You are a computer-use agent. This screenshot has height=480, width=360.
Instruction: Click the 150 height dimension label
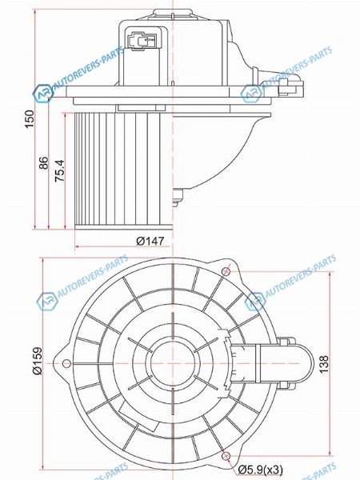pos(30,119)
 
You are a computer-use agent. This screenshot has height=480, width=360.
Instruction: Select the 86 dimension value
pos(44,163)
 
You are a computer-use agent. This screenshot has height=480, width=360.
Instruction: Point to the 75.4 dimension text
pos(60,171)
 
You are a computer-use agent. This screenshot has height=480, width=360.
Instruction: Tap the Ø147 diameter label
pos(150,241)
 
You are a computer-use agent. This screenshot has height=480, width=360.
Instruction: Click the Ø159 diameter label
pos(38,361)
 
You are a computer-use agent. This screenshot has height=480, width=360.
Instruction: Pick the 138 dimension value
pos(324,364)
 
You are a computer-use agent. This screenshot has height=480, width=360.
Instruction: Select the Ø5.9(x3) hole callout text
pos(261,470)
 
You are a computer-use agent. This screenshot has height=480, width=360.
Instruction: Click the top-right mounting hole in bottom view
pos(226,271)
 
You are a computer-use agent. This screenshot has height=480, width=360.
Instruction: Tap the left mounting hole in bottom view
pos(66,363)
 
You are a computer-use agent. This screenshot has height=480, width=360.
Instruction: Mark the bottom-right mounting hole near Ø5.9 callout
pos(226,456)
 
